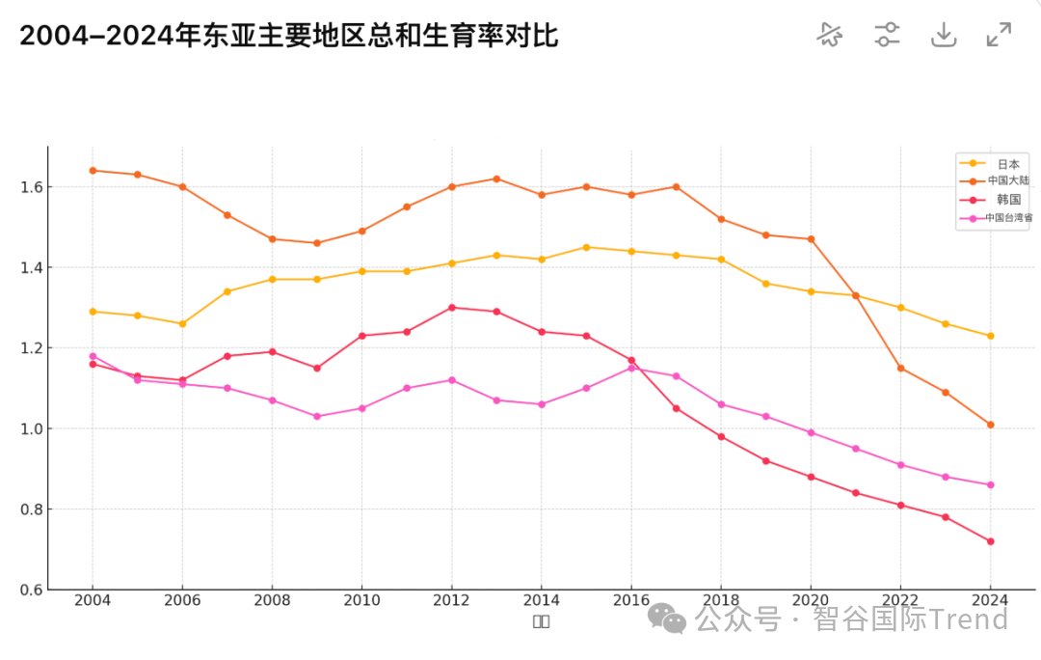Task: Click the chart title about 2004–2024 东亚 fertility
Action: pyautogui.click(x=289, y=36)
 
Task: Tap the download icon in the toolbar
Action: pyautogui.click(x=943, y=36)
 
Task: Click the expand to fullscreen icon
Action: pyautogui.click(x=999, y=36)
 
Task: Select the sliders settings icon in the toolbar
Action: pyautogui.click(x=887, y=36)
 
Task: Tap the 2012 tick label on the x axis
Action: pyautogui.click(x=451, y=599)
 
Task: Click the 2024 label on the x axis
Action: pyautogui.click(x=990, y=599)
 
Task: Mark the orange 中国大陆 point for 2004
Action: pyautogui.click(x=93, y=171)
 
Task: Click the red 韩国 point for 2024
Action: pyautogui.click(x=990, y=541)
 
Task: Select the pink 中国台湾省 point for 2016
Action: pyautogui.click(x=631, y=368)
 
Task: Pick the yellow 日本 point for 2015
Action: pyautogui.click(x=586, y=247)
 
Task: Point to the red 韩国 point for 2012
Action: pyautogui.click(x=451, y=308)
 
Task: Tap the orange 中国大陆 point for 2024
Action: pyautogui.click(x=990, y=425)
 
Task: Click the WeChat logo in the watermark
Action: pyautogui.click(x=666, y=619)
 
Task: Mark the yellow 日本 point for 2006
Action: pyautogui.click(x=182, y=323)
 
